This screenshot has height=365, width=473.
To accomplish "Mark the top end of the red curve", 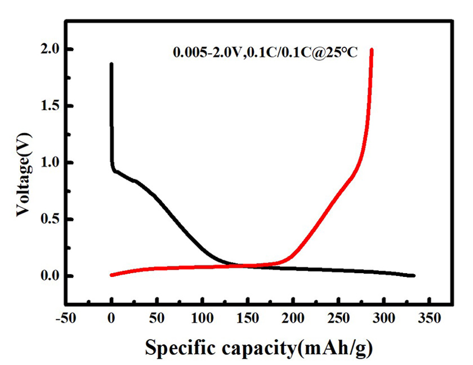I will coord(372,50).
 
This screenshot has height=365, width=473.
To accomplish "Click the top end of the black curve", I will coord(111,64).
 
